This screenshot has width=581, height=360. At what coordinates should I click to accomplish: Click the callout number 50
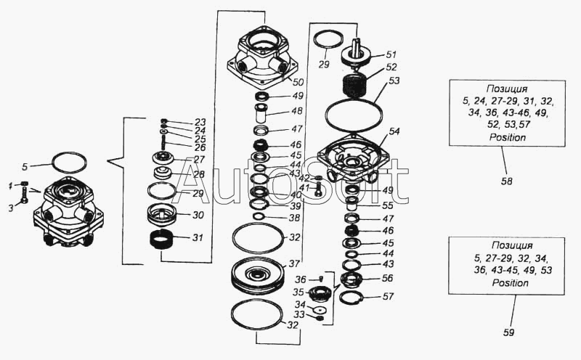[x=298, y=82]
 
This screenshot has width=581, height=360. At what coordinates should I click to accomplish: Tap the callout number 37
[x=294, y=263]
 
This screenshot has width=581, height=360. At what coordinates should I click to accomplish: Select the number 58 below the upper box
[x=507, y=181]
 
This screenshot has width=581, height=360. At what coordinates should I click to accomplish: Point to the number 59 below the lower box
[x=509, y=332]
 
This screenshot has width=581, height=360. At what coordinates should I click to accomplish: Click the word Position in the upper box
[x=508, y=137]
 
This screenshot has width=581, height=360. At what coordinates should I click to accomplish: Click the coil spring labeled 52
[x=355, y=85]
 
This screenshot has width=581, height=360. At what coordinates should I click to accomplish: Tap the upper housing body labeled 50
[x=263, y=58]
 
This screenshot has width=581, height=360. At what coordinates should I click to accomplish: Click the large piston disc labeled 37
[x=257, y=276]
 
